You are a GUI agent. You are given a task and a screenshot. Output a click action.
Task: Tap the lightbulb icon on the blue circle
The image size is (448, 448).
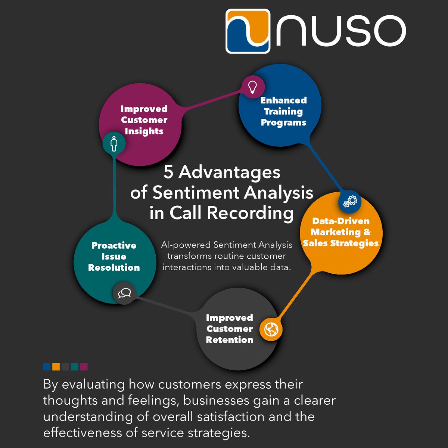coord(253,87)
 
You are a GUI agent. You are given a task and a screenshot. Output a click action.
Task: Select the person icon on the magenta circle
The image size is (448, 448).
coord(114,143)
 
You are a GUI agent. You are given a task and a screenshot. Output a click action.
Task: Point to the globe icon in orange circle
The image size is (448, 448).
coord(271,329)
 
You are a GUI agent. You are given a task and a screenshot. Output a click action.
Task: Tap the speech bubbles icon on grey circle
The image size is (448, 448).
coord(124,293)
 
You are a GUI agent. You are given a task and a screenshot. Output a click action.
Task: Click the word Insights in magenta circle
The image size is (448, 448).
coord(144,131)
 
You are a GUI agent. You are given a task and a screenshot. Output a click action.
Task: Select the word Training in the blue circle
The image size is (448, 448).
coord(283,111)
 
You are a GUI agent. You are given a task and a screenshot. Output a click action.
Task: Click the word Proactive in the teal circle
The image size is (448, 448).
coord(114,245)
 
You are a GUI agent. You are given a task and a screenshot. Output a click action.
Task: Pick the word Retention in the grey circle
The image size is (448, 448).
coord(230,340)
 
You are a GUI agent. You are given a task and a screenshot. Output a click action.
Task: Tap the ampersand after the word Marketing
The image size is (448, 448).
coord(367,232)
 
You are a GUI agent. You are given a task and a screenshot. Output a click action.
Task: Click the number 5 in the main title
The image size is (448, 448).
coord(169,172)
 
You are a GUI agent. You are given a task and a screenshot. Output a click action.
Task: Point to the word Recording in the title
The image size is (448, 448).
coord(250,213)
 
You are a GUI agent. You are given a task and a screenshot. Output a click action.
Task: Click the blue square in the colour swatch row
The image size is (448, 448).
coord(47,367)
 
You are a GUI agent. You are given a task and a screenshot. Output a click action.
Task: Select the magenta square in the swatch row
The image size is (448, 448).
coord(84,367)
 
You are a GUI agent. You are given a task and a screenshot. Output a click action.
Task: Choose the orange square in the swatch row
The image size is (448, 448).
coord(56,367)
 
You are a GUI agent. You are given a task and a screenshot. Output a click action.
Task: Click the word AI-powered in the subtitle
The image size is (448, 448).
coord(186,245)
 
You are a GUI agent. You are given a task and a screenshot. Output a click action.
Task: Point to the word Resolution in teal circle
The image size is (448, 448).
coord(114,267)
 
